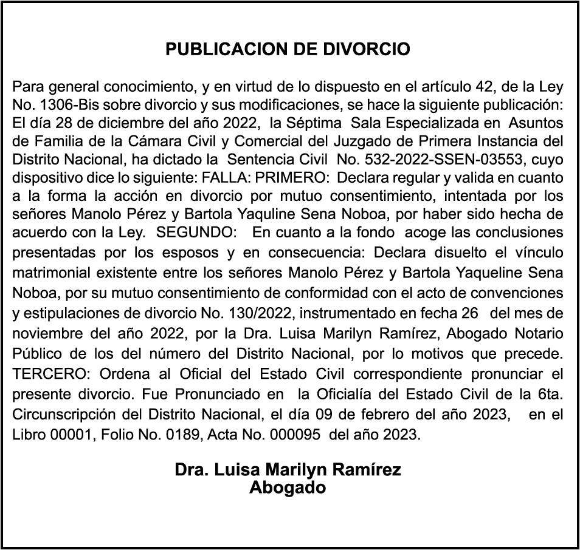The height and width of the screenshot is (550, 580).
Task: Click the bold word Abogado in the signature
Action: tap(288, 487)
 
